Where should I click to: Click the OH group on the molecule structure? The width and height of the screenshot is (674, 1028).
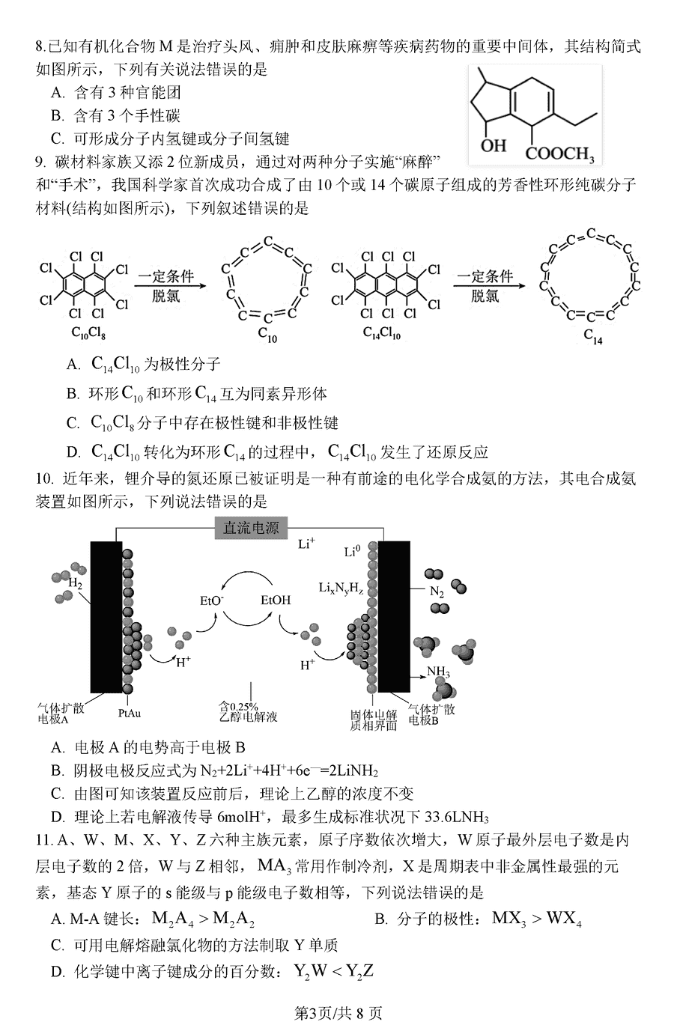[493, 145]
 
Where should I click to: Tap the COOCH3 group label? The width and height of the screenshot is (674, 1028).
[559, 153]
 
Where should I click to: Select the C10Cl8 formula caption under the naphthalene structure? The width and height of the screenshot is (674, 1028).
[88, 332]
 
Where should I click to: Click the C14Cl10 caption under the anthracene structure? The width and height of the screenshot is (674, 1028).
[381, 332]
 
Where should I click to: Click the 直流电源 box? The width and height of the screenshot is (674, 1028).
[251, 528]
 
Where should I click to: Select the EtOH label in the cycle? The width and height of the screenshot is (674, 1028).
[276, 600]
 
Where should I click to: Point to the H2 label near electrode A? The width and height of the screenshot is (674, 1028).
[75, 583]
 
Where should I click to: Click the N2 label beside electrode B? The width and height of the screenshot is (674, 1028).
[437, 592]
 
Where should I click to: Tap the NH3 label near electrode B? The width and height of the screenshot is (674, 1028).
[438, 672]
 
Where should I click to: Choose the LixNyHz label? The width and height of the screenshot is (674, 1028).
[341, 588]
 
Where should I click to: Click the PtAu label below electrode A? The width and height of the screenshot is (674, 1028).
[130, 714]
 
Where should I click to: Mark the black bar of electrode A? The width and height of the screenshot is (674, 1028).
[106, 617]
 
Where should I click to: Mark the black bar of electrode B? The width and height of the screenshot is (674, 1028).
[394, 617]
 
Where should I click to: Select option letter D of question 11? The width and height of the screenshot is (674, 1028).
[58, 972]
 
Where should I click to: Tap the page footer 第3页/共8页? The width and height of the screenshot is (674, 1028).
[338, 1013]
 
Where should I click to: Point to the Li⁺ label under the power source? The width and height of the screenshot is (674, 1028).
[306, 544]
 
